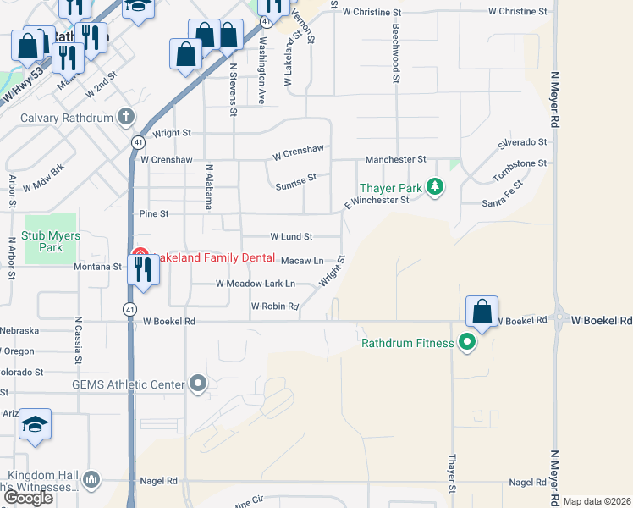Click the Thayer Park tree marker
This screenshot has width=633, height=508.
pos(435,185)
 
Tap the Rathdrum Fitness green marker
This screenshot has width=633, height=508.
pos(466,343)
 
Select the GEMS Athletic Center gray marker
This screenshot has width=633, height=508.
pos(198,384)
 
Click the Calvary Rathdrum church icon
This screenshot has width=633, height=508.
pos(126,118)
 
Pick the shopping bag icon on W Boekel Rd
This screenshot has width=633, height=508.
pos(482,312)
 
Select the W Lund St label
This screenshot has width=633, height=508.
pos(291,236)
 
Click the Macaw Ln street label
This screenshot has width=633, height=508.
pos(301,261)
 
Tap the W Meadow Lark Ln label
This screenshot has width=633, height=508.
pos(255,284)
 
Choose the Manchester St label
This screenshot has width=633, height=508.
pos(395,159)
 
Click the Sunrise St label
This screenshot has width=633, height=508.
pos(295,180)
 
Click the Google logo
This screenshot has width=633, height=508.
pos(28,498)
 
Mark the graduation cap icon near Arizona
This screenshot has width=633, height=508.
pos(35,424)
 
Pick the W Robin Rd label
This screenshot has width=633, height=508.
pos(275,306)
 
